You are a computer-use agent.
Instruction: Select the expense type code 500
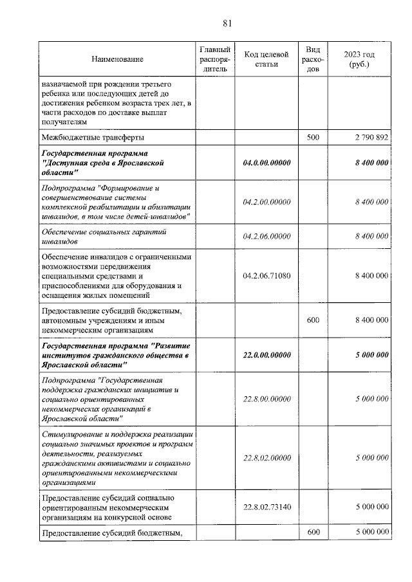(x=313, y=137)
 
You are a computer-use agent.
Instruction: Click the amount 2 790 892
(x=371, y=137)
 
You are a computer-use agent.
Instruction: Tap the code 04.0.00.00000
(x=267, y=163)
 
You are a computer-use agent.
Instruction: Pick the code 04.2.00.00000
(x=267, y=202)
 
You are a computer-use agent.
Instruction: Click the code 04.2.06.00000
(x=267, y=237)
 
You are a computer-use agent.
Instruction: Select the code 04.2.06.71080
(x=267, y=275)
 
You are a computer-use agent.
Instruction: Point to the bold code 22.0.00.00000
(x=267, y=354)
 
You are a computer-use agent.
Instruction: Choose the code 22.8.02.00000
(x=267, y=457)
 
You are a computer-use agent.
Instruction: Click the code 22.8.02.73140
(x=267, y=507)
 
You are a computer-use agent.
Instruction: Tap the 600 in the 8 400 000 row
(x=313, y=320)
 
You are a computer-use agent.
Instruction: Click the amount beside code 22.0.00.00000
(x=371, y=354)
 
